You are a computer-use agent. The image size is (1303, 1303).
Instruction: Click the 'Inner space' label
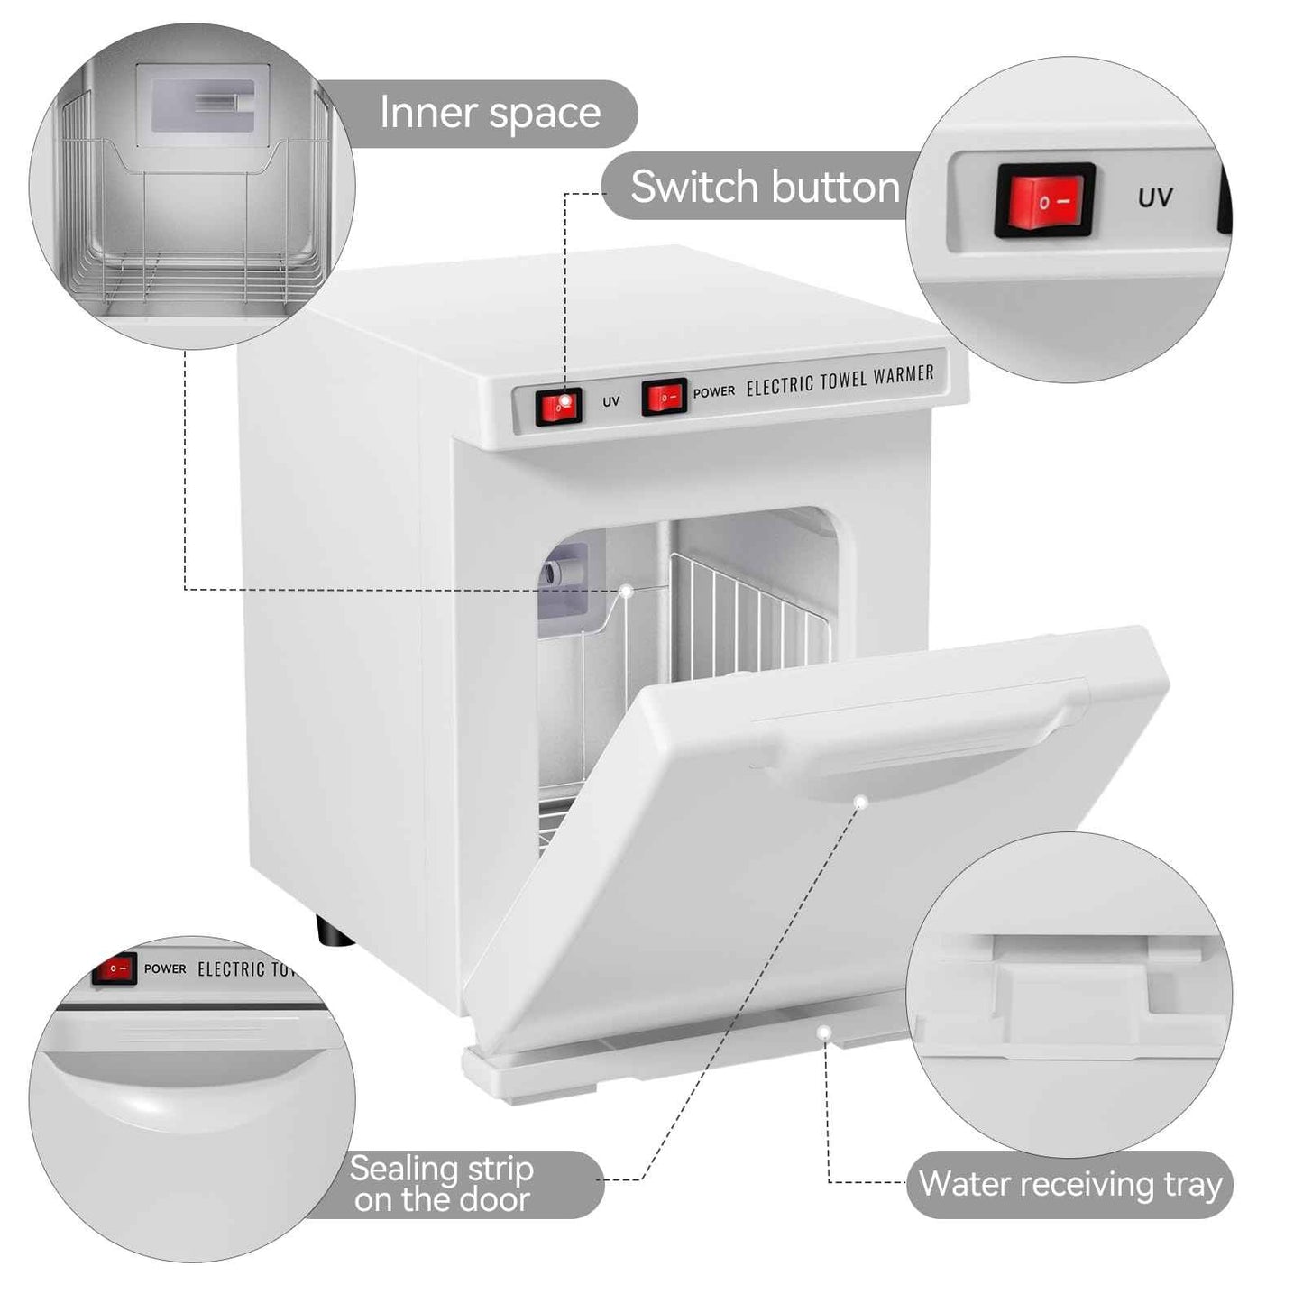coord(490,114)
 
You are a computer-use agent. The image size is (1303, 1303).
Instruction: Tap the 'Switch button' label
coord(765,187)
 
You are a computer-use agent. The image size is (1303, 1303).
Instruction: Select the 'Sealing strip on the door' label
coord(441,1184)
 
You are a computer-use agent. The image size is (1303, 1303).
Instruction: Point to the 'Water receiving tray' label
coord(1069,1184)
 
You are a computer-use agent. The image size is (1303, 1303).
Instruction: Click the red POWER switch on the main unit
coord(665,396)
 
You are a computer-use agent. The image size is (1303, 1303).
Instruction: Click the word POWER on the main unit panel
coord(714,392)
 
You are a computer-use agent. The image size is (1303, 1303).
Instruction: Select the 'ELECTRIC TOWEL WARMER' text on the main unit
coord(840,380)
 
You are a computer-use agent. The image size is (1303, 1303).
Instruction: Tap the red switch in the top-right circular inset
coord(1045,200)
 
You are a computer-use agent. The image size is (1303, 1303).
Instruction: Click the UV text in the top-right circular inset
coord(1155,197)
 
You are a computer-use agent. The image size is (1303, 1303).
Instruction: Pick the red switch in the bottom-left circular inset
coord(114,968)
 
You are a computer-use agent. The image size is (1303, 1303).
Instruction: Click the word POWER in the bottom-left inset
coord(165,968)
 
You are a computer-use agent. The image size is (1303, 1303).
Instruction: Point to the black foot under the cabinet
coord(334,931)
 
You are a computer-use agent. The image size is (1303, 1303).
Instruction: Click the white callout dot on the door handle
coord(861,802)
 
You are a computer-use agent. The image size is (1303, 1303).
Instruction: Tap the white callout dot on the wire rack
coord(625,591)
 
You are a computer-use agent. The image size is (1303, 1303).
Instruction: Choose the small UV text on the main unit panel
coord(610,401)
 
